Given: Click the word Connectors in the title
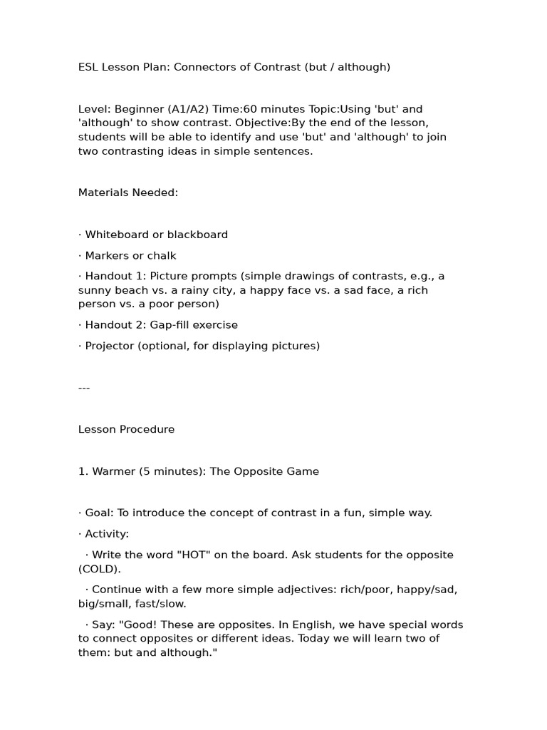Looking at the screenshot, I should [x=202, y=67].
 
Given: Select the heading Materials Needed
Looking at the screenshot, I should [x=128, y=192].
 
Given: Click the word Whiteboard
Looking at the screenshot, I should [x=117, y=235].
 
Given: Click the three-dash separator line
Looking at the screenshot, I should [x=84, y=388].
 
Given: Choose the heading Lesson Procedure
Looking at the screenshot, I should [x=126, y=429].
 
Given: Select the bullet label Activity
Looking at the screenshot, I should [x=107, y=534].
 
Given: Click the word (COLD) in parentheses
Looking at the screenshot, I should [x=100, y=569].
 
